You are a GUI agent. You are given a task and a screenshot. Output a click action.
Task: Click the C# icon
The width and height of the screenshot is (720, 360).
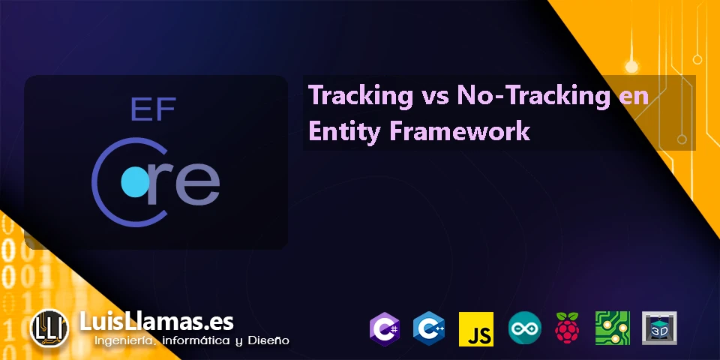point(384,328)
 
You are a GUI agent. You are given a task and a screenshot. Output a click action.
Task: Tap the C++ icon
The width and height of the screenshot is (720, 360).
point(428,328)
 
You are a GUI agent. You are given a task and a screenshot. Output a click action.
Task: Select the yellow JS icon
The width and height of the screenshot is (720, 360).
point(476,328)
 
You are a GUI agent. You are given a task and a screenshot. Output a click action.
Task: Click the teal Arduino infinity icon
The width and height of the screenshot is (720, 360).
point(524,328)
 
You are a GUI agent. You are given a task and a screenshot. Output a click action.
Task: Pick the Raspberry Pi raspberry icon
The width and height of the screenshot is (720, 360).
point(568,328)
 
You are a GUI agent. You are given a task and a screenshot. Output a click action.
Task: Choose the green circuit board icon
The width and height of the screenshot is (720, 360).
point(613,328)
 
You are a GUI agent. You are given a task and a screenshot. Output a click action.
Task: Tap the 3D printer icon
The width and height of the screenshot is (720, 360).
point(659,328)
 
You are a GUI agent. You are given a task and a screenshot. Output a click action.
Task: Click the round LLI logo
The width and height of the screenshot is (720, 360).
point(49,328)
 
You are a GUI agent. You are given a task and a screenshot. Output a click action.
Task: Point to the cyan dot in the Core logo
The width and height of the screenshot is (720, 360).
point(136,182)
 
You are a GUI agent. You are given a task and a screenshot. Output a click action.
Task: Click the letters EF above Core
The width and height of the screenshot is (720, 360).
point(153,109)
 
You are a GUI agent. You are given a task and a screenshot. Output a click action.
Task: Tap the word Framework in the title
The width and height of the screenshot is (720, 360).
point(460,130)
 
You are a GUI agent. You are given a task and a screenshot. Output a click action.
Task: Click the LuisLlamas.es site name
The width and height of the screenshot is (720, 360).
point(157,322)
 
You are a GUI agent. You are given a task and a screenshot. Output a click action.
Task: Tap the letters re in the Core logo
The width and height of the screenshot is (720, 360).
point(184,184)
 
